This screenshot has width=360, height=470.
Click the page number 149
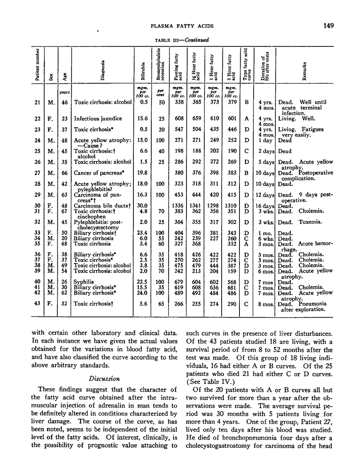[328, 26]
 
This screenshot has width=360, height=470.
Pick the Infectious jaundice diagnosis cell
[98, 118]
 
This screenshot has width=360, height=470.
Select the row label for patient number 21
[37, 102]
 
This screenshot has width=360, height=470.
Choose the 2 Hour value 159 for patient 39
[232, 271]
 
